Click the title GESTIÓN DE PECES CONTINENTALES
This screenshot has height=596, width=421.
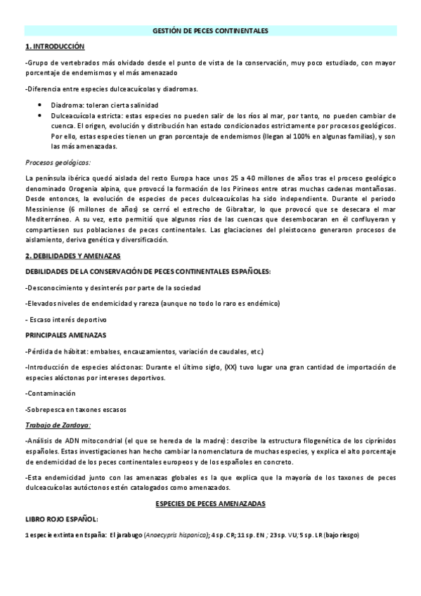[211, 31]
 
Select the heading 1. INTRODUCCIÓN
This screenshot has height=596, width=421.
[54, 46]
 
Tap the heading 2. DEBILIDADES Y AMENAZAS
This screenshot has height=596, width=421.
[72, 256]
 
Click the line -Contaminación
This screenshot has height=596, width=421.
[50, 393]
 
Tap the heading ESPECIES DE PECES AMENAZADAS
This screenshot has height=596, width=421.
[210, 504]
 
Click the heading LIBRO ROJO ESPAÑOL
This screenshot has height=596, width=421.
[61, 519]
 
